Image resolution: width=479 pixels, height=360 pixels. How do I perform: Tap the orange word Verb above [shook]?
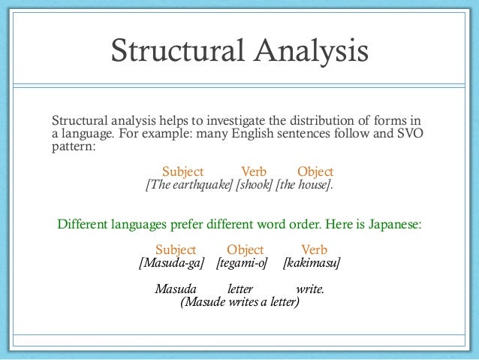click(254, 171)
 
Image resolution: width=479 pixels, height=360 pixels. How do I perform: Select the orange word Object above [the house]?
click(315, 171)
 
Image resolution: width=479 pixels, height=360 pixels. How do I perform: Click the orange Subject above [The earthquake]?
click(184, 171)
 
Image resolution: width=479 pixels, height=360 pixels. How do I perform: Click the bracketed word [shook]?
click(254, 186)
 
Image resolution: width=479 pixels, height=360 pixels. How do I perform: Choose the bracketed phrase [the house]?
click(304, 186)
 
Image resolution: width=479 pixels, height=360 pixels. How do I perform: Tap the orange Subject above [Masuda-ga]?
click(176, 250)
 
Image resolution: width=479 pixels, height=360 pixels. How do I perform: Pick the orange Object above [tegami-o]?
click(246, 250)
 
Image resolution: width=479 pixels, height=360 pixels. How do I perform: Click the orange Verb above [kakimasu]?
click(314, 250)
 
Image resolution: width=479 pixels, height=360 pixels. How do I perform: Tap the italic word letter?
click(240, 289)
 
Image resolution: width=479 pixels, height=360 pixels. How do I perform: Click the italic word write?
click(311, 289)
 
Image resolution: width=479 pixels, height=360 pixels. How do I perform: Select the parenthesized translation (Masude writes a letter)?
click(239, 302)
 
